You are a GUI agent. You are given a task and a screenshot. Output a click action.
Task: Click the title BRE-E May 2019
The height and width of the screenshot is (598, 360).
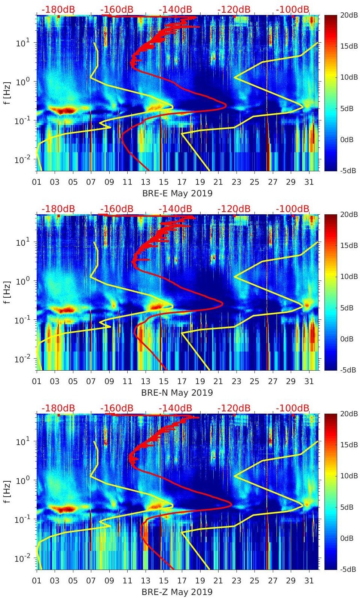(177, 193)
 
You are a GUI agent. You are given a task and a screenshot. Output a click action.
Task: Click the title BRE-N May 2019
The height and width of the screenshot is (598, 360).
(177, 393)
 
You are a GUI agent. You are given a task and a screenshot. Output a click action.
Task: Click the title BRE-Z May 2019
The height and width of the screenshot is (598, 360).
(177, 592)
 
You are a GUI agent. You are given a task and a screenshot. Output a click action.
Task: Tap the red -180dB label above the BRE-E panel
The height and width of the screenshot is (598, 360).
(58, 9)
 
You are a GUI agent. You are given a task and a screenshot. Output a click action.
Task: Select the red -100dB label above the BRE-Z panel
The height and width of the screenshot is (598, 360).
(293, 408)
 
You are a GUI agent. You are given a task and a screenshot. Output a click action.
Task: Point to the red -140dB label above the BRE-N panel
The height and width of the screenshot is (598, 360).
(175, 209)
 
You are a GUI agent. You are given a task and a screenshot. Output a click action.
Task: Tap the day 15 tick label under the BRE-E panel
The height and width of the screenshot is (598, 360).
(164, 182)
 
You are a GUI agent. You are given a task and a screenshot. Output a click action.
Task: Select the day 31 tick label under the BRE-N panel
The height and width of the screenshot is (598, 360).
(309, 381)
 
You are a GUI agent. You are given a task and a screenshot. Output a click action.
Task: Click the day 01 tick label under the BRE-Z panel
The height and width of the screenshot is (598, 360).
(37, 581)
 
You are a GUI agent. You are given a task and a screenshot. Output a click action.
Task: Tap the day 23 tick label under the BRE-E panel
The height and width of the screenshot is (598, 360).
(236, 182)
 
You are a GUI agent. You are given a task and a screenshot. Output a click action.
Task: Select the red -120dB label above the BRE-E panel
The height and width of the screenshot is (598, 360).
(234, 9)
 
